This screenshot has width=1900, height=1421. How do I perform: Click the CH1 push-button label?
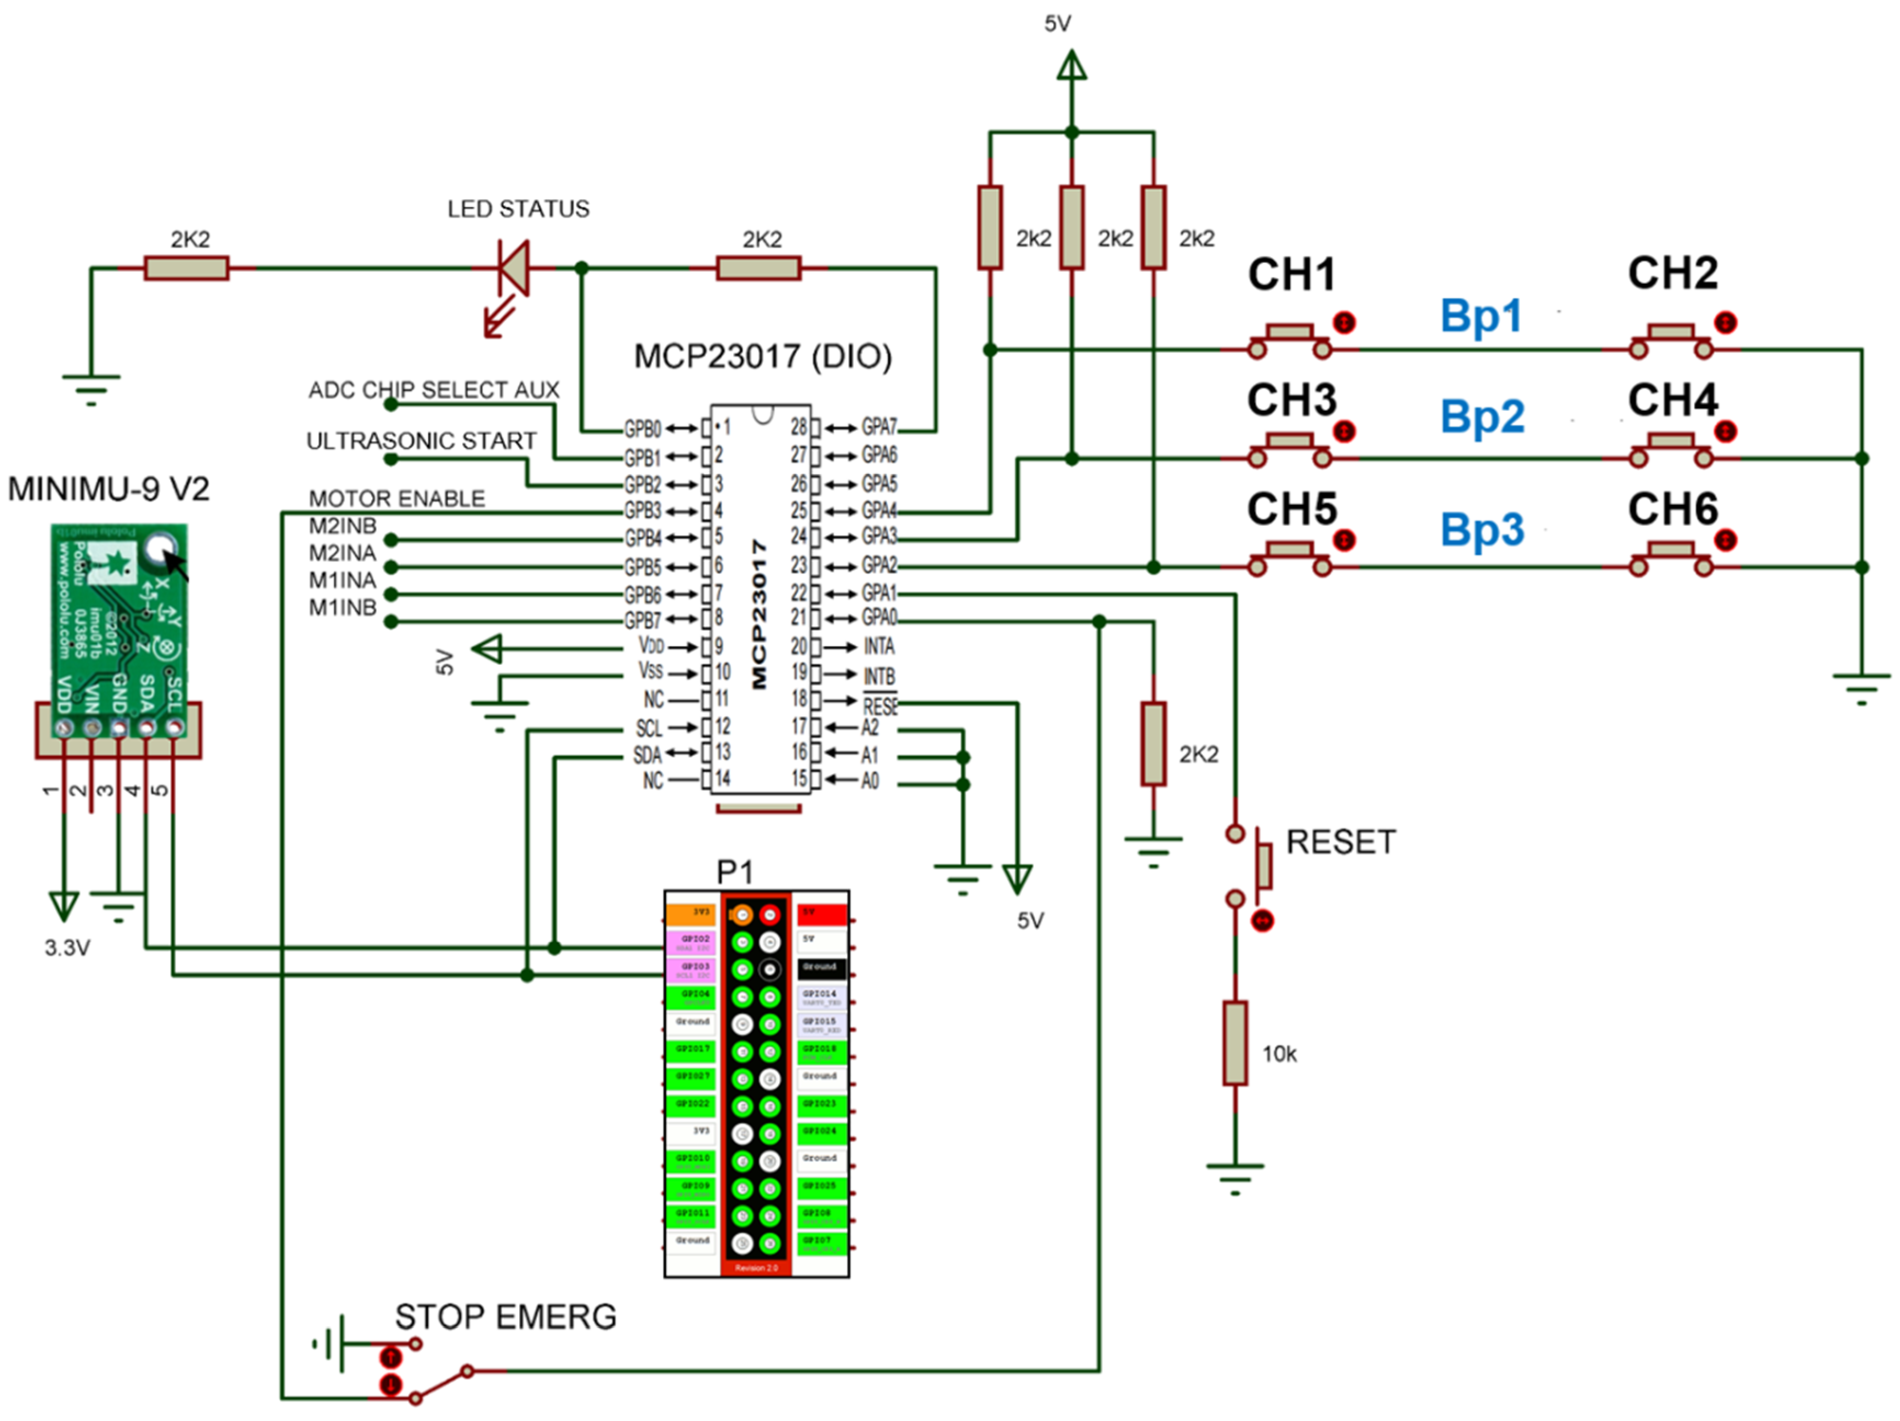1291,275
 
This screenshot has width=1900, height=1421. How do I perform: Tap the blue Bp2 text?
1482,417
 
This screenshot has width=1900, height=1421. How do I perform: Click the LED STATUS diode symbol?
514,269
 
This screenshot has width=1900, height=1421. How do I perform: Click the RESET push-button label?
1340,842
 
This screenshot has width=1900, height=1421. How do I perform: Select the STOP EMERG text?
505,1316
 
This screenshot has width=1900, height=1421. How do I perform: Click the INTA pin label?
878,647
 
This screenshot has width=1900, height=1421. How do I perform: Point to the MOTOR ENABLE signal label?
397,499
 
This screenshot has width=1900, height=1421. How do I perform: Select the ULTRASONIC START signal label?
421,441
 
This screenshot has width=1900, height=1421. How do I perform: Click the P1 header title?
734,872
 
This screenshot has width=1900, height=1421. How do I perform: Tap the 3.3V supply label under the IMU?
67,948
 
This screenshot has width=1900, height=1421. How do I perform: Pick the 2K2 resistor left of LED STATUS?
186,269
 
